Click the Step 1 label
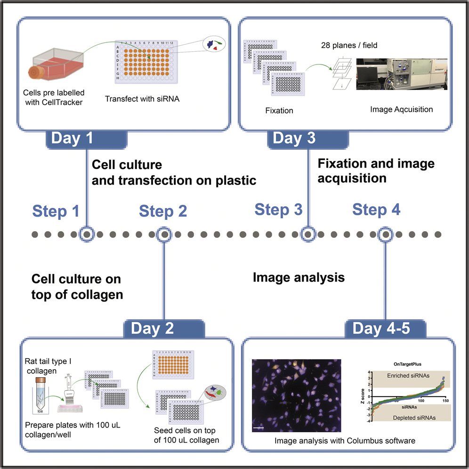(x=56, y=211)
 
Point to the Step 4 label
(x=376, y=210)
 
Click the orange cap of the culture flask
(x=38, y=73)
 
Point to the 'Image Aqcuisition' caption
(x=402, y=109)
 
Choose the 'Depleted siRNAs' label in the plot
(x=406, y=418)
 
